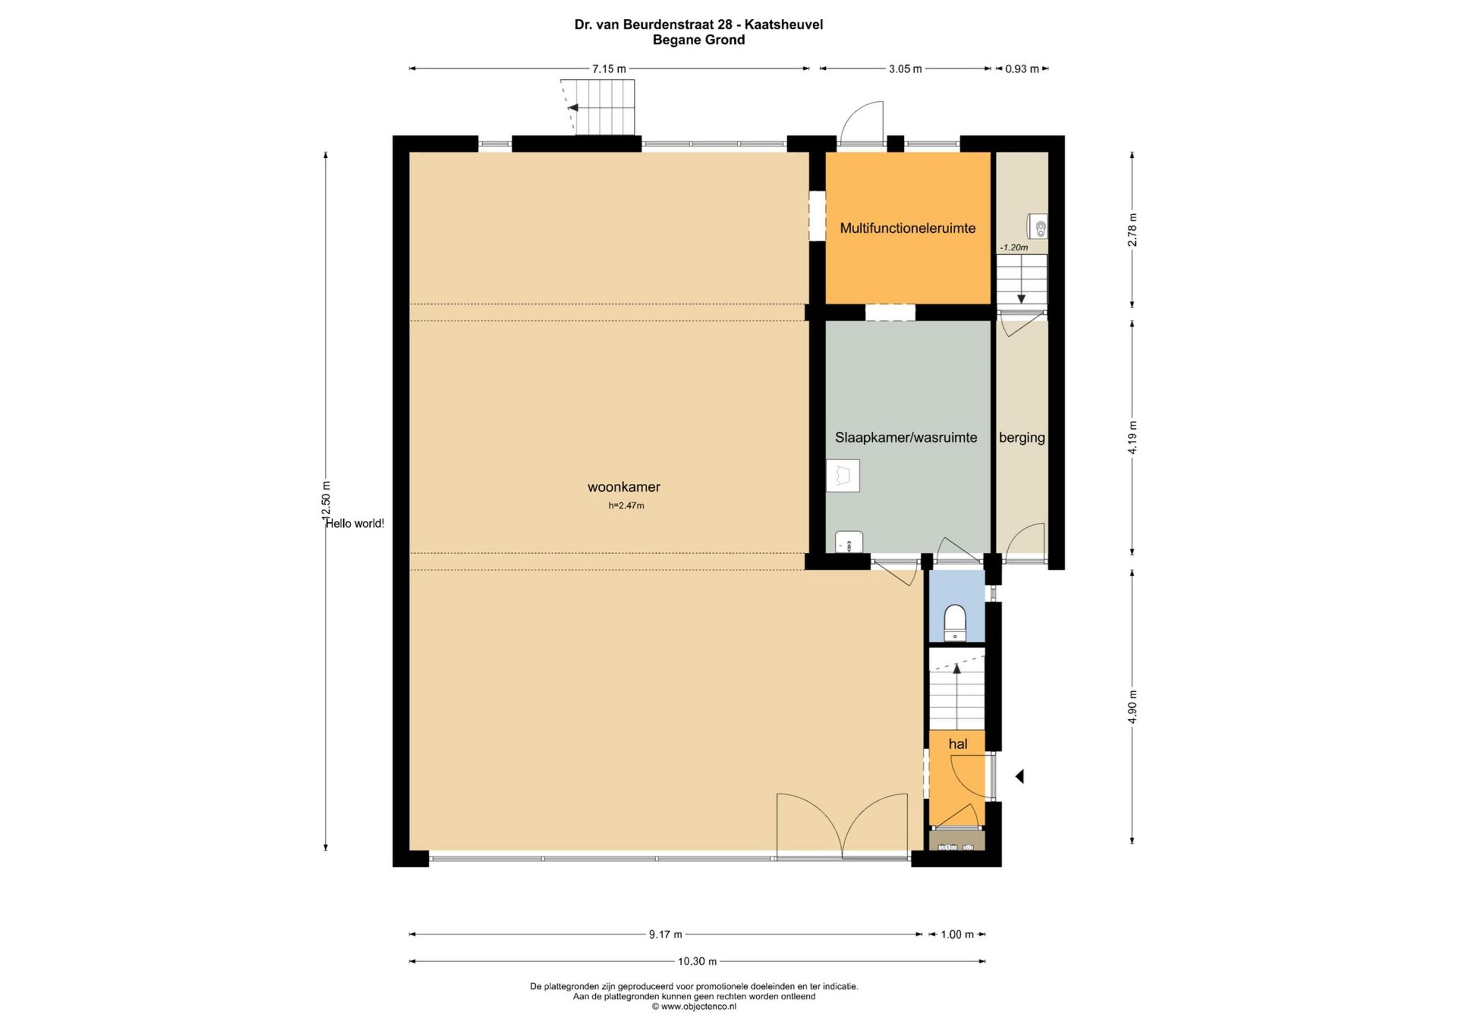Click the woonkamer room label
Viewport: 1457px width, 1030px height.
tap(624, 487)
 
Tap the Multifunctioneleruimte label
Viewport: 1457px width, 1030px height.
tap(907, 228)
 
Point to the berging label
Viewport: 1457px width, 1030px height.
tap(1022, 438)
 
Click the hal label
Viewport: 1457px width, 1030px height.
tap(958, 744)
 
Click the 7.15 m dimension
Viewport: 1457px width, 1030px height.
tap(609, 69)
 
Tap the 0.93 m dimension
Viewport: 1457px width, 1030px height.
tap(1022, 69)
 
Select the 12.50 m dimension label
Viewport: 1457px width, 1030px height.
tap(327, 501)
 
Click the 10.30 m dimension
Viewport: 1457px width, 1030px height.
tap(697, 962)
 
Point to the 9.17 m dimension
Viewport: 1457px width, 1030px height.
tap(665, 934)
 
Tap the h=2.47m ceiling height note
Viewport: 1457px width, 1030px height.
tap(627, 505)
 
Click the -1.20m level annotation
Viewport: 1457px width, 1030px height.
tap(1014, 248)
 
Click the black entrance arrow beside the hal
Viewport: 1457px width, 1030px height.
tap(1019, 776)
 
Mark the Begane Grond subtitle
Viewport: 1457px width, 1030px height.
tap(699, 40)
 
